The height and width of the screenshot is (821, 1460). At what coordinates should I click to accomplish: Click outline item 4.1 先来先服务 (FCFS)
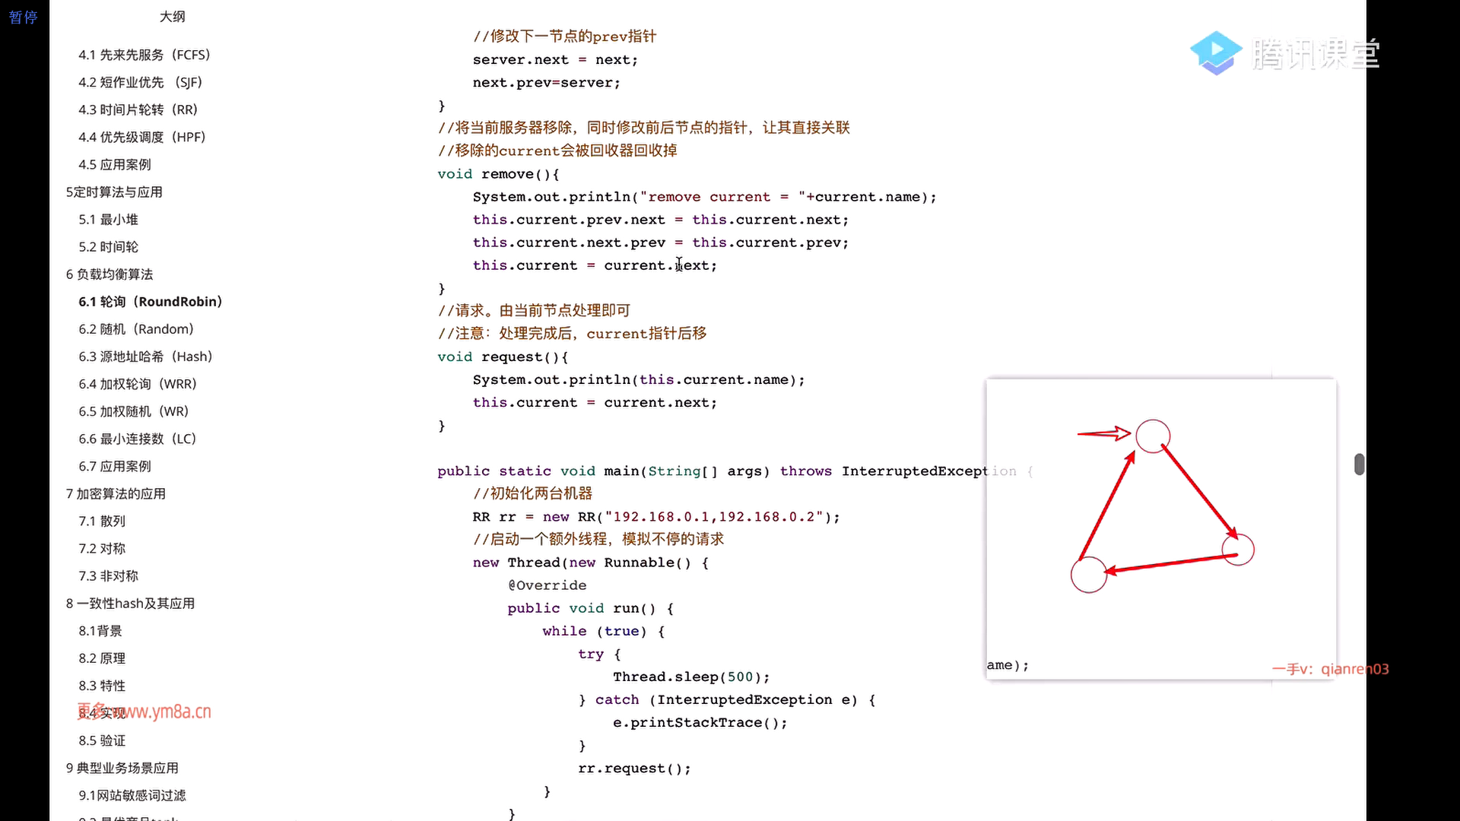(x=144, y=55)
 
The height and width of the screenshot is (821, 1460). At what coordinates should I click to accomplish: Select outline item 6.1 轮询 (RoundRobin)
(x=150, y=302)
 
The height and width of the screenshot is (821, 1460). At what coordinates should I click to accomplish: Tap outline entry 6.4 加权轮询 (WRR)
(x=137, y=384)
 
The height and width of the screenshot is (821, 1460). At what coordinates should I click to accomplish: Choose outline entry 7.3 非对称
(x=108, y=576)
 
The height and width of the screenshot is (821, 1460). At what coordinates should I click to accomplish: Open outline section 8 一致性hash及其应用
(x=130, y=604)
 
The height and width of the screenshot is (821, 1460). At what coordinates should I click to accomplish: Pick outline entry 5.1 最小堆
(x=108, y=220)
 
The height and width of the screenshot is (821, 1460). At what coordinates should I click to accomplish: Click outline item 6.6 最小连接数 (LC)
(x=137, y=439)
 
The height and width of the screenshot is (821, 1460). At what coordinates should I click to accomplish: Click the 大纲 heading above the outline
(x=173, y=17)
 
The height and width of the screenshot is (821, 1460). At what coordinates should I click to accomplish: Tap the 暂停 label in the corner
(x=23, y=17)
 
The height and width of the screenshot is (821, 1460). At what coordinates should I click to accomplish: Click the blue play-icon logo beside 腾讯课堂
(x=1215, y=53)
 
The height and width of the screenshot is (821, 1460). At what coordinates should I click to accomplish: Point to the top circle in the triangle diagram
(x=1153, y=436)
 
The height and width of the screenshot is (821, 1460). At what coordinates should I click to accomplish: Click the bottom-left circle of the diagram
(x=1088, y=575)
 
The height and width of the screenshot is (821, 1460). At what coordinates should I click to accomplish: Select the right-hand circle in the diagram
(x=1238, y=550)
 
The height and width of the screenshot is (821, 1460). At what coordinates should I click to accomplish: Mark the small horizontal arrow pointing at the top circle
(x=1103, y=433)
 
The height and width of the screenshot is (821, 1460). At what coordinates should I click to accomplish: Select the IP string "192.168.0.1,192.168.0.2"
(x=715, y=517)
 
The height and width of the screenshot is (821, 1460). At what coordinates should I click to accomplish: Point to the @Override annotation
(x=547, y=585)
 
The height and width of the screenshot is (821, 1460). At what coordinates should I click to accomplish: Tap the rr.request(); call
(x=634, y=769)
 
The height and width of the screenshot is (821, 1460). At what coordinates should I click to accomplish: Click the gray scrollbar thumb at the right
(x=1360, y=464)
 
